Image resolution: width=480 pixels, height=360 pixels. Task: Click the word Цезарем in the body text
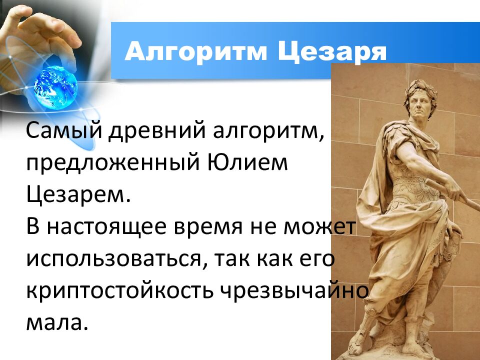[x=77, y=194]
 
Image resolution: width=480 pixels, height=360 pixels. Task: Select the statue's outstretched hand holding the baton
[x=452, y=190]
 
